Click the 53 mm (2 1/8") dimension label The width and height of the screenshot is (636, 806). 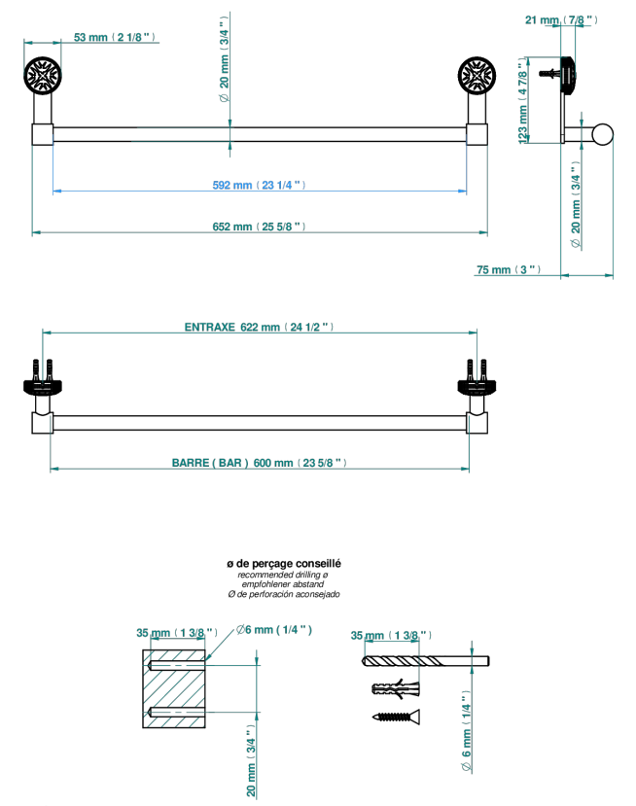[114, 38]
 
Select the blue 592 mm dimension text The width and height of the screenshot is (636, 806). [259, 185]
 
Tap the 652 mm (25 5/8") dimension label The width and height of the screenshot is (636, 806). [259, 227]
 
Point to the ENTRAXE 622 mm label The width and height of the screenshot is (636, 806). [259, 327]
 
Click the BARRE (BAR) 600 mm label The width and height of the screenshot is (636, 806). [259, 463]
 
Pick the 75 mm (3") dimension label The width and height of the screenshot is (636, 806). [509, 270]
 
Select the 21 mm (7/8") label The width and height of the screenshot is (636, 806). [561, 20]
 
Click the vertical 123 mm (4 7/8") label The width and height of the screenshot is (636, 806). [523, 101]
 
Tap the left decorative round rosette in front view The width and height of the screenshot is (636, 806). [43, 76]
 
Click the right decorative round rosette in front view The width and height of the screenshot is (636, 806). [477, 76]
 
